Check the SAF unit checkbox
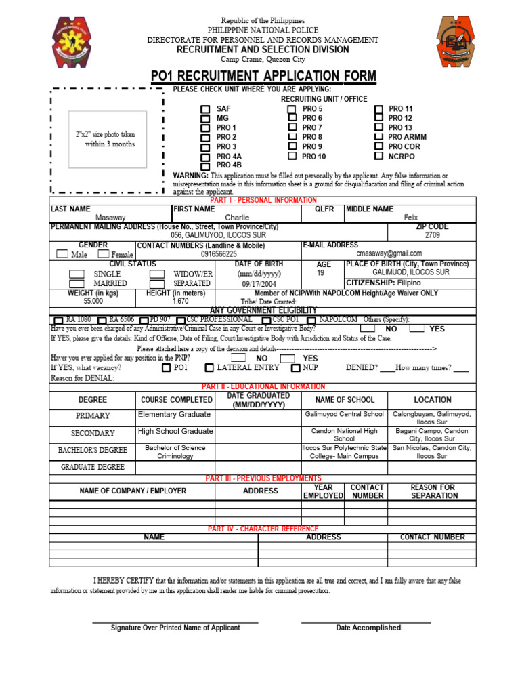point(205,109)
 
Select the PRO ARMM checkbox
point(378,137)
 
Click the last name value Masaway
point(110,218)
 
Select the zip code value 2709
point(433,235)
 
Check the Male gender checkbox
point(62,254)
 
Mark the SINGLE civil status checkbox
point(77,273)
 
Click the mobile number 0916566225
point(219,253)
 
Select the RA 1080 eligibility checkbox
point(58,320)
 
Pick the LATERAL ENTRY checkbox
point(209,368)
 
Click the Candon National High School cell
point(344,434)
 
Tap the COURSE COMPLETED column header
point(176,400)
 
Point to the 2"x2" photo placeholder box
point(107,140)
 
